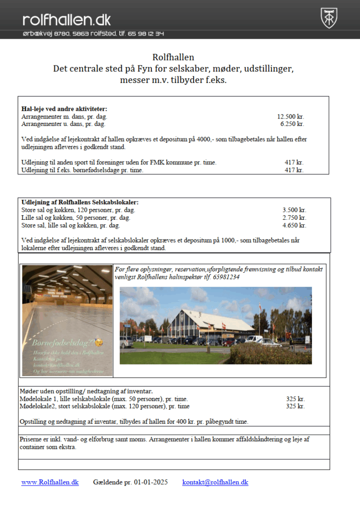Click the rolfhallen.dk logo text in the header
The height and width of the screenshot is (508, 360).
[67, 19]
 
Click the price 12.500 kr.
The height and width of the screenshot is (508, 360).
[290, 117]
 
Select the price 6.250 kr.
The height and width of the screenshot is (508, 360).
[292, 124]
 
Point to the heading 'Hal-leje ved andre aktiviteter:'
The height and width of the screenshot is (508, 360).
[64, 109]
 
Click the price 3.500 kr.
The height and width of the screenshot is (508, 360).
[294, 210]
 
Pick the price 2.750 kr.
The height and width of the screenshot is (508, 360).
[294, 217]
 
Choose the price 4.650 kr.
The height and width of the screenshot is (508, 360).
[294, 225]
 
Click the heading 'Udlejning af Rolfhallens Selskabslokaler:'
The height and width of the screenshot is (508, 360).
[80, 202]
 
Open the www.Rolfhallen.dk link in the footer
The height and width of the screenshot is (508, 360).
[50, 482]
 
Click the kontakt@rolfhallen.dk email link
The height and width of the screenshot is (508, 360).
[215, 482]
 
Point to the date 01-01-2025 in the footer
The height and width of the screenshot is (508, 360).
[150, 482]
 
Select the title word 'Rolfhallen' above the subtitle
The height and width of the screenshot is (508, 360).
[173, 57]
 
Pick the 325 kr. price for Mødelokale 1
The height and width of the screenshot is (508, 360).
[295, 398]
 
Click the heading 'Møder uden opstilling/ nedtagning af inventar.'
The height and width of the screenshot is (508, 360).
[85, 391]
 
